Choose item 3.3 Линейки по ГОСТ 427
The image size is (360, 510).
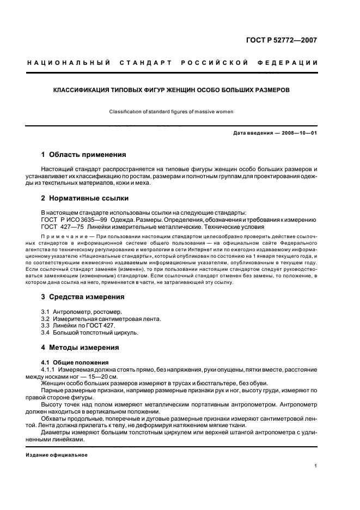point(78,325)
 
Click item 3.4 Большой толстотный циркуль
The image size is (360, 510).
point(90,332)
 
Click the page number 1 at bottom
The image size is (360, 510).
point(316,466)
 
